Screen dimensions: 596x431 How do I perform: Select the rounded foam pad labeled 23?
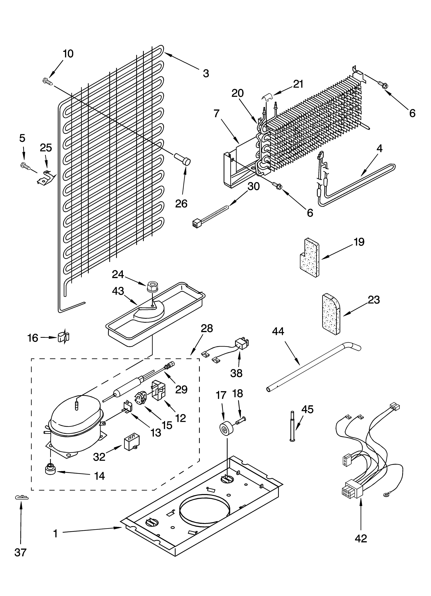[331, 315]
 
